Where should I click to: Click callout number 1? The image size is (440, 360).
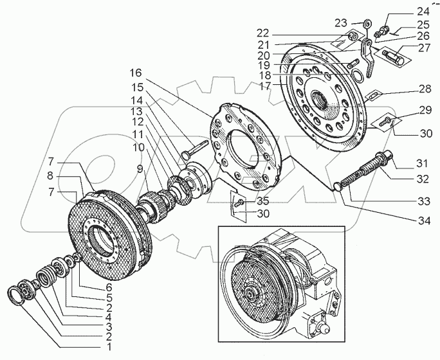109,347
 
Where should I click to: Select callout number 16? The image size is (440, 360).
136,73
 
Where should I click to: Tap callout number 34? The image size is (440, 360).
424,221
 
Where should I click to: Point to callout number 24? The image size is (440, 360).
423,12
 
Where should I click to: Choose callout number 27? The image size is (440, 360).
424,48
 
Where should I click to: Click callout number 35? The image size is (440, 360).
263,201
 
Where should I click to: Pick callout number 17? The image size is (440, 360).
265,85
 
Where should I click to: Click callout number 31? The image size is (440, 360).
422,163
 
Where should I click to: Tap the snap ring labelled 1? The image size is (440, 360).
14,294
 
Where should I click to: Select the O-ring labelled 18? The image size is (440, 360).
358,75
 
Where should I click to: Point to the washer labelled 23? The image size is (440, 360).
367,23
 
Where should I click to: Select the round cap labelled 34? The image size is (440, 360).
338,186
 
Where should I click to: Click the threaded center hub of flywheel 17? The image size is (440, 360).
320,100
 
